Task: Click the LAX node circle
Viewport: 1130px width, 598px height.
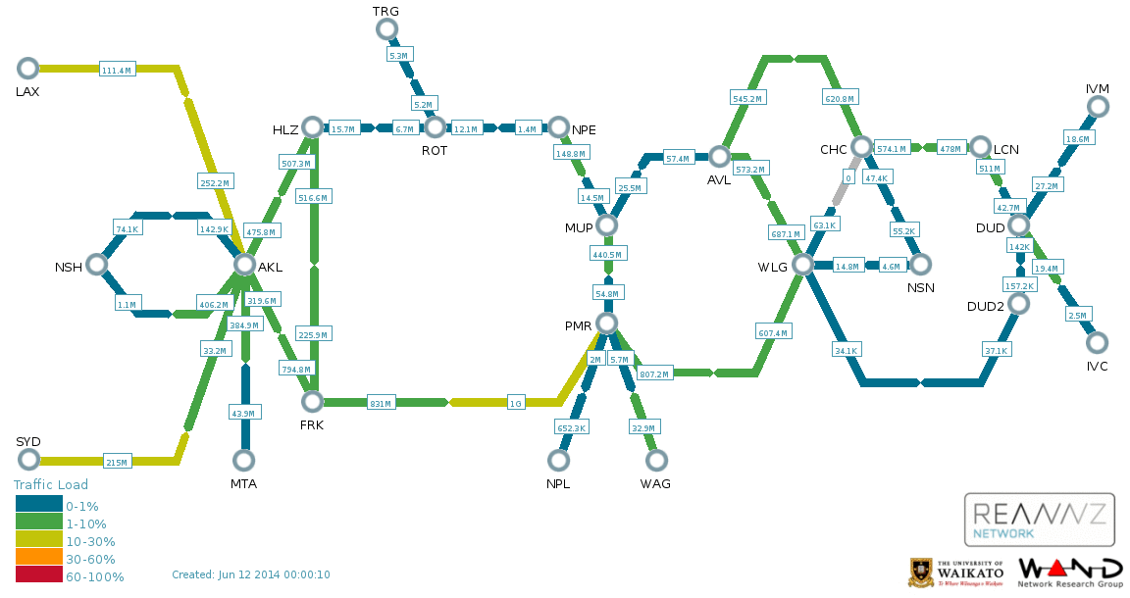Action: pos(27,69)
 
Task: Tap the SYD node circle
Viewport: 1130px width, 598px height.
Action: pos(28,459)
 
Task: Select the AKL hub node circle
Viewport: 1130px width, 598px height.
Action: pos(244,265)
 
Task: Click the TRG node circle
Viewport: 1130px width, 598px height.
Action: pos(387,28)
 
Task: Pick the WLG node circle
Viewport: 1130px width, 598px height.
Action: pos(802,265)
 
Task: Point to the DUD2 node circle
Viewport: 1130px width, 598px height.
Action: pos(1018,303)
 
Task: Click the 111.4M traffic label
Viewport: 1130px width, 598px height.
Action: pos(117,70)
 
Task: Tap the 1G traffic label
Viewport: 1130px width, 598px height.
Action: pos(516,403)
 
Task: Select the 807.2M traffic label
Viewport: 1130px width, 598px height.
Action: pos(654,374)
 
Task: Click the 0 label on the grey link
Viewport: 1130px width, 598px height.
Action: pos(848,177)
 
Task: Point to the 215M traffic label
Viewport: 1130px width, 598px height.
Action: pos(117,462)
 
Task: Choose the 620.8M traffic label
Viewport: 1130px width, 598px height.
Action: pos(840,98)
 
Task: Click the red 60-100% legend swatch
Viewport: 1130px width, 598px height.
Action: pos(39,574)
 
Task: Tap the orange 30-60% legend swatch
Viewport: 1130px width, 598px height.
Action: pos(39,557)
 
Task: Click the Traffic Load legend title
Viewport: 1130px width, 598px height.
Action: pos(51,484)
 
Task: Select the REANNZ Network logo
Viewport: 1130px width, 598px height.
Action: pos(1039,520)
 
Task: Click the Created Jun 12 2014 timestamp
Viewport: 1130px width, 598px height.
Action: pos(251,574)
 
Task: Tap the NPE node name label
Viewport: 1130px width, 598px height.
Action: pos(584,129)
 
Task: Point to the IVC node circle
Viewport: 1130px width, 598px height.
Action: pos(1097,342)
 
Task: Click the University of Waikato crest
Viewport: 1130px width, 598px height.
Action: pos(919,573)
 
